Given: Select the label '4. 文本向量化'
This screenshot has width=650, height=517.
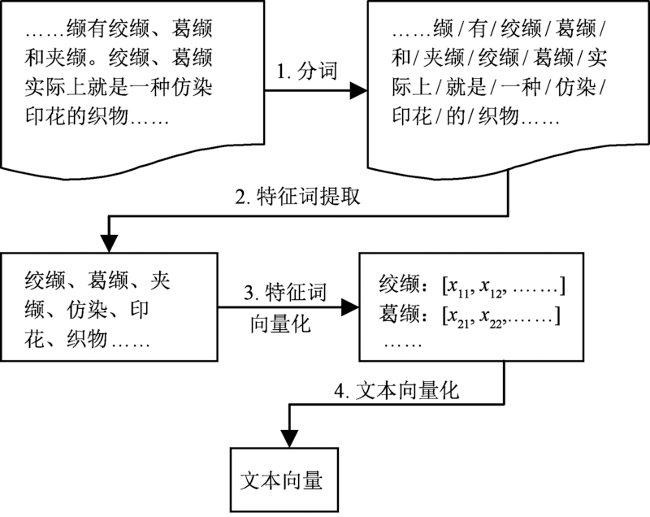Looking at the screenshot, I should (397, 390).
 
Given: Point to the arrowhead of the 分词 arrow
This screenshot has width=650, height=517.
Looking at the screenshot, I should (357, 92).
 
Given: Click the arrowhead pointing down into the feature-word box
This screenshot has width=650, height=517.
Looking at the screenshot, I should (109, 244).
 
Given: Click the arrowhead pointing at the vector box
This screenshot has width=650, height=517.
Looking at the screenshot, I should (350, 306).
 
